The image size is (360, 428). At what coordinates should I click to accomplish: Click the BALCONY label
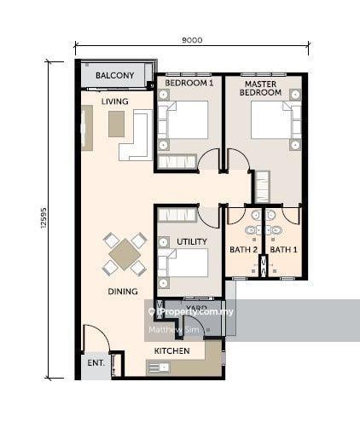[x=115, y=76]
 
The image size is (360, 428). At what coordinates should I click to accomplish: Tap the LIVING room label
[x=114, y=101]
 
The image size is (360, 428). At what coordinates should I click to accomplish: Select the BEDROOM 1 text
[x=189, y=83]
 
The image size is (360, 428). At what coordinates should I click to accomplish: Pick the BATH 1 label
[x=283, y=250]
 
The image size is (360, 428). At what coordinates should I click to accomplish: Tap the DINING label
[x=124, y=291]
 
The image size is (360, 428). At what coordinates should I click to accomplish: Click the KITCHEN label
[x=171, y=350]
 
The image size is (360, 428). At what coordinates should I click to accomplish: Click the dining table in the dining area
[x=125, y=253]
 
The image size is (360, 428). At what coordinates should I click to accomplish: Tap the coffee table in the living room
[x=116, y=124]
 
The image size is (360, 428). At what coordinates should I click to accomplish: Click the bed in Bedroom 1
[x=184, y=120]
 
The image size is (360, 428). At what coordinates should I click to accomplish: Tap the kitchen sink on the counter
[x=158, y=367]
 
